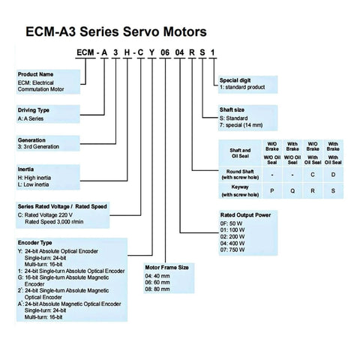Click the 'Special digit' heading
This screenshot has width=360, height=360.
pyautogui.click(x=239, y=81)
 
